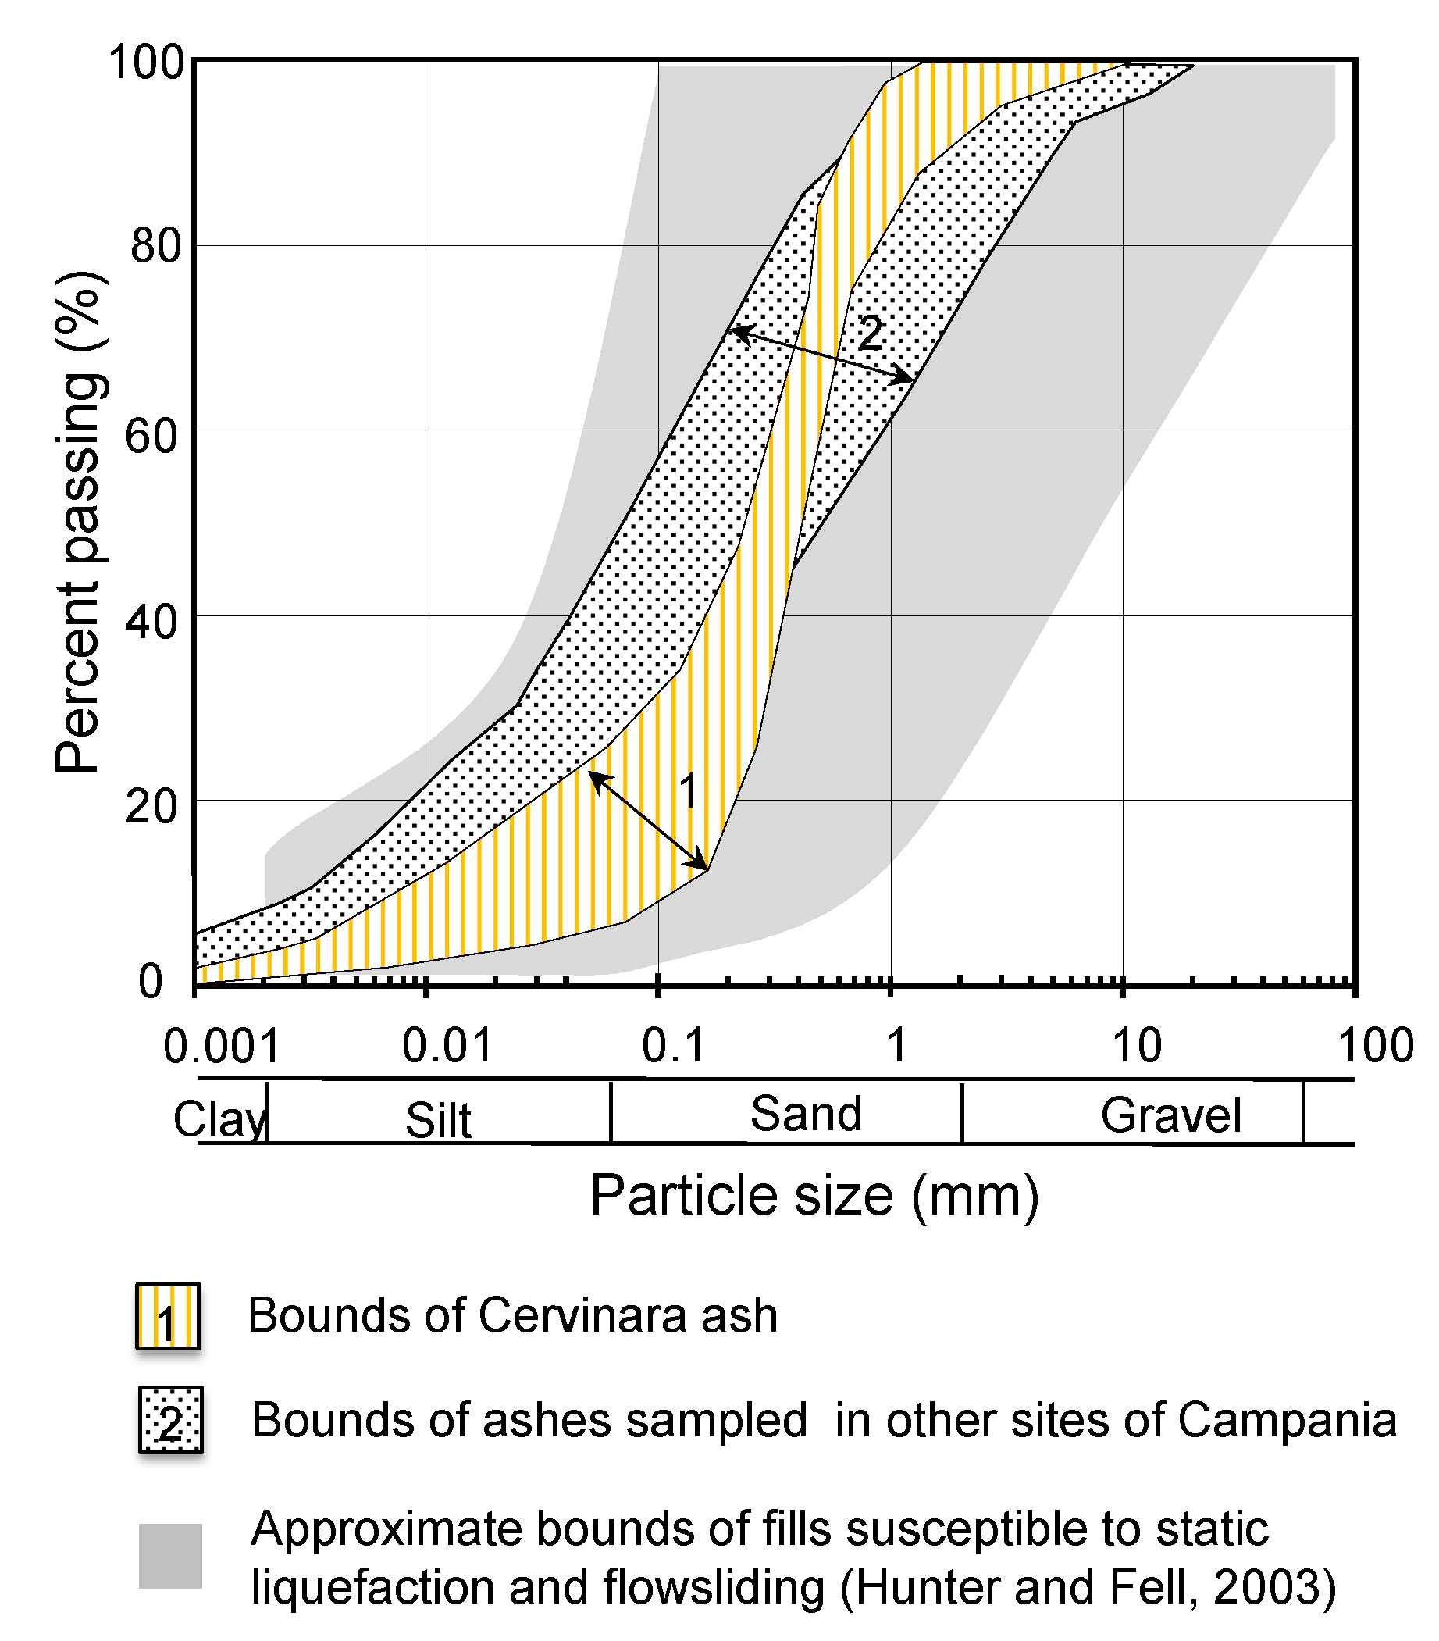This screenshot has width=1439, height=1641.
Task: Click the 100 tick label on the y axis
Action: point(146,62)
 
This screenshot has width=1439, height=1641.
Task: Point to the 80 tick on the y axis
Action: point(155,245)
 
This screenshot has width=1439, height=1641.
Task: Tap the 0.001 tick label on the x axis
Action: point(222,1047)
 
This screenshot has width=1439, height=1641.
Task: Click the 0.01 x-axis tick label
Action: point(447,1047)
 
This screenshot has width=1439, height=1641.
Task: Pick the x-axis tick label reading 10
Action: point(1136,1047)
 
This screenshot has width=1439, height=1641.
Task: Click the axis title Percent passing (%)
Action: point(78,522)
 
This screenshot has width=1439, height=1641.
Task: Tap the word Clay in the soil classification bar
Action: point(219,1119)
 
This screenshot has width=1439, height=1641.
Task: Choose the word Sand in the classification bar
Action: point(805,1115)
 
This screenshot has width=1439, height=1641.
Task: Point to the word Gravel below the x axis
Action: point(1170,1116)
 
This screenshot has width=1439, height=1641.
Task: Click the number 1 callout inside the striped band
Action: point(689,790)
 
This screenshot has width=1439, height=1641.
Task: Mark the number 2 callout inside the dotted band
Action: point(870,333)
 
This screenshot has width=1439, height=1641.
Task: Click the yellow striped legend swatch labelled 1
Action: point(167,1317)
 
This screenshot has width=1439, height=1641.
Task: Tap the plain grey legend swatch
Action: point(170,1556)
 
